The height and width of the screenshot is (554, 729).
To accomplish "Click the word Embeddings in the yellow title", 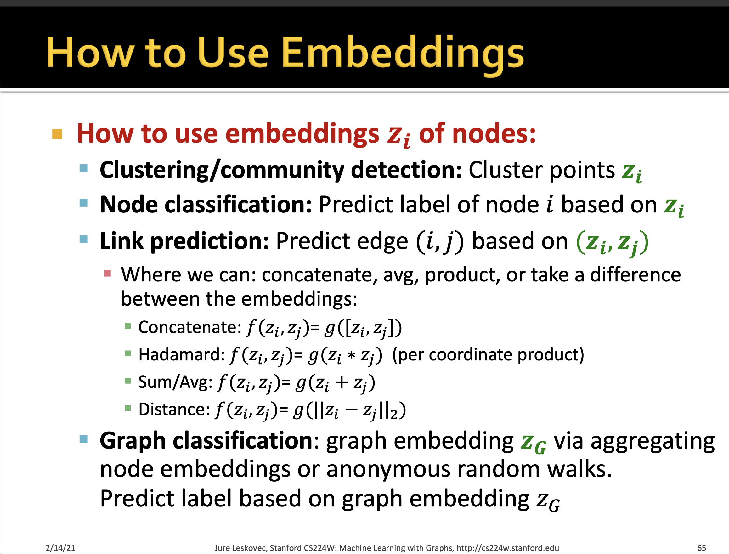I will tap(402, 53).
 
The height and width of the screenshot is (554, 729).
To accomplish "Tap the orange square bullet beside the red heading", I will tap(57, 134).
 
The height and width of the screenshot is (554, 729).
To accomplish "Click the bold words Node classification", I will tap(206, 205).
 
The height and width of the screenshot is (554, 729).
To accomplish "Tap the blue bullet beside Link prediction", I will tap(83, 240).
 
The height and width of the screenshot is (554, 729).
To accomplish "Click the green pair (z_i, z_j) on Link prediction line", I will tap(612, 242).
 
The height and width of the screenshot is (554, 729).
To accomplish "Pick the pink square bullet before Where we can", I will tap(107, 273).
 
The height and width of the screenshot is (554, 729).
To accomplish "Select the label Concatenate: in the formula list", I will tap(190, 327).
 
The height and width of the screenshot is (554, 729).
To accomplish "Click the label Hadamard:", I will tap(181, 354).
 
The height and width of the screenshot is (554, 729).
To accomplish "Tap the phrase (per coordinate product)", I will tap(488, 354).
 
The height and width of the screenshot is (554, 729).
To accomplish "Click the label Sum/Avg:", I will tap(175, 382).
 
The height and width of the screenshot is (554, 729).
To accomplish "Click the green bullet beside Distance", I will tap(128, 409).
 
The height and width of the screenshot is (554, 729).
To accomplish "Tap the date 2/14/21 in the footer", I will tap(60, 548).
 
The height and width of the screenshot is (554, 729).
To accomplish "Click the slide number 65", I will tap(701, 548).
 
